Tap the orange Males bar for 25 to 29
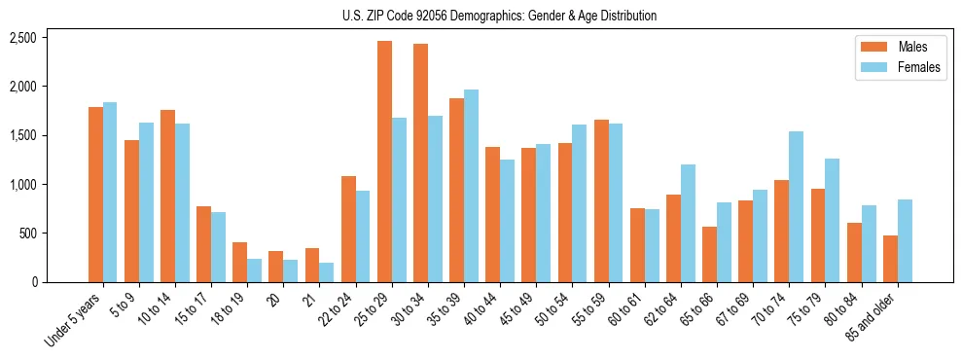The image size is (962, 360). coord(384,162)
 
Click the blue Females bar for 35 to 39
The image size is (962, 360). coord(471,186)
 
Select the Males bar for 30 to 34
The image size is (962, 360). coord(420,162)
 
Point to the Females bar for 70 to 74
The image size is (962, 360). coord(796,206)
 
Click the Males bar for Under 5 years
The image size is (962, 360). coord(95,195)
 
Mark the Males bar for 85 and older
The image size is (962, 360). coord(890,259)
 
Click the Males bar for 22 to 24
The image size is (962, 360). coord(348,229)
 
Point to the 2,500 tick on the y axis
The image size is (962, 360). coord(22,38)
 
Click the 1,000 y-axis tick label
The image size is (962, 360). coord(22,185)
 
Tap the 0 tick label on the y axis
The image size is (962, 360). coord(32,282)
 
